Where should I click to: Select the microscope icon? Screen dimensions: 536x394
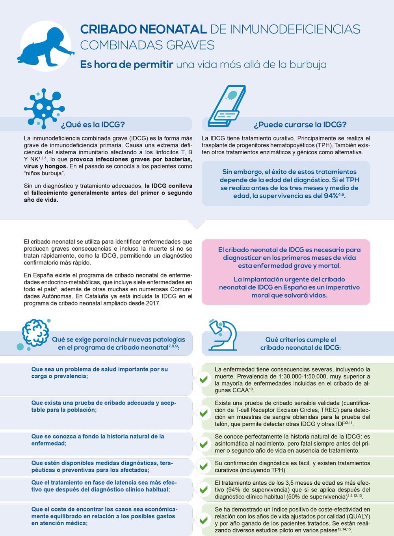coord(223,335)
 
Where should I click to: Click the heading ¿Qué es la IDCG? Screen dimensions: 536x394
coord(93,125)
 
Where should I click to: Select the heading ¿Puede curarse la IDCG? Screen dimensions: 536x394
coord(300,125)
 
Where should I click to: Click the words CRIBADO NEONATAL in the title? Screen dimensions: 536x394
coord(143,30)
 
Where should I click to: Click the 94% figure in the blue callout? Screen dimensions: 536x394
coord(331,196)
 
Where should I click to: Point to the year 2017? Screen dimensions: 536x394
coord(153,303)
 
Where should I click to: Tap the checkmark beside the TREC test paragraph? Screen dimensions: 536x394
coord(204,413)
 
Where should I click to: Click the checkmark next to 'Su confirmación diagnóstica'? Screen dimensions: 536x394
coord(204,466)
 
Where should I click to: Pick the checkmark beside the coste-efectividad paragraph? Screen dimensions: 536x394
coord(204,520)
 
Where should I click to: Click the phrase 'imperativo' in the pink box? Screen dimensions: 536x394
coord(341,287)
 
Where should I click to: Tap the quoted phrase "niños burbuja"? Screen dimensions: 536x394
coord(43,173)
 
